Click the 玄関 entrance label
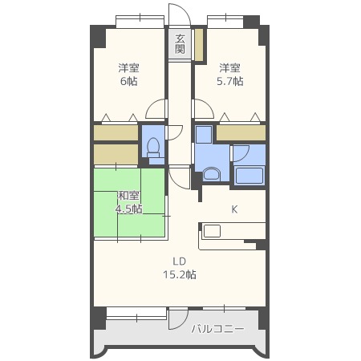[x=180, y=44]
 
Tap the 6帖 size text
[x=128, y=81]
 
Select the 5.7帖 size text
[x=229, y=81]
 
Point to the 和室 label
[x=128, y=196]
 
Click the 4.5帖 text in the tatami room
[x=128, y=209]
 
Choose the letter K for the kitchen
[x=234, y=209]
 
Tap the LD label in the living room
[x=179, y=262]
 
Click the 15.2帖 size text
[x=180, y=274]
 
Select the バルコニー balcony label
[x=217, y=329]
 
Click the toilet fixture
[x=153, y=148]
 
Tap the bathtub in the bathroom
[x=249, y=176]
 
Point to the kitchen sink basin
[x=212, y=231]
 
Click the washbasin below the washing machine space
[x=211, y=174]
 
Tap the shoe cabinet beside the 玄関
[x=198, y=45]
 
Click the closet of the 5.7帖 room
[x=241, y=133]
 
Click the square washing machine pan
[x=204, y=135]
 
